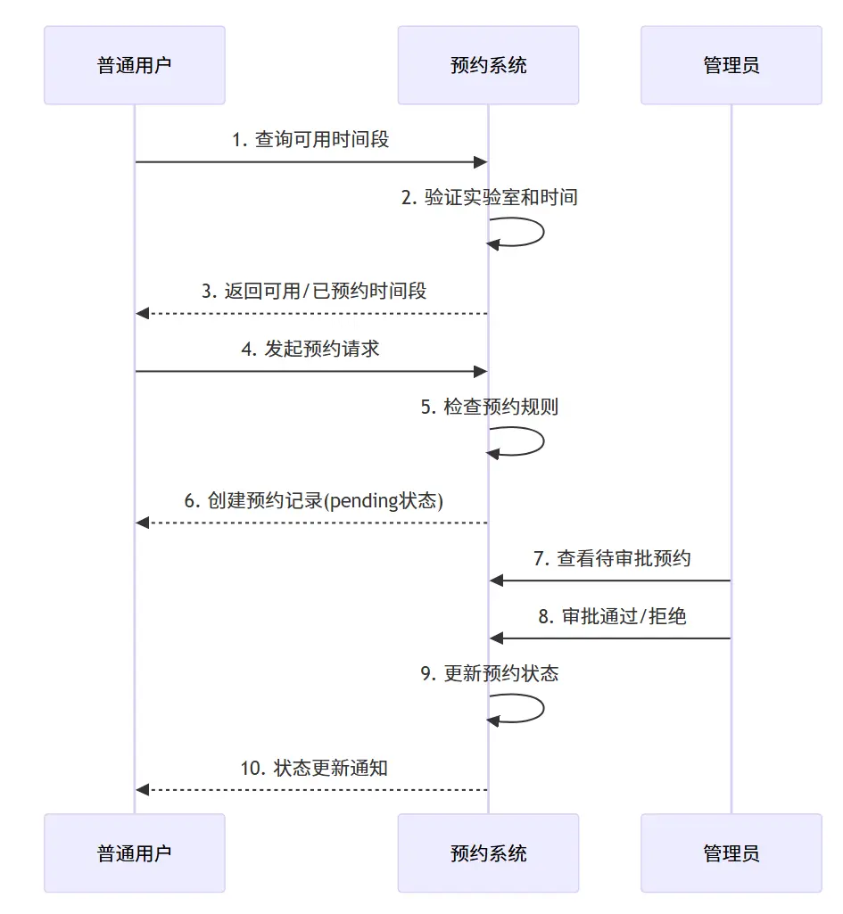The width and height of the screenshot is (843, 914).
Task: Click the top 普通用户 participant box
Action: [134, 65]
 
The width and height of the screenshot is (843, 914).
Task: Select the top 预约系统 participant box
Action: [488, 65]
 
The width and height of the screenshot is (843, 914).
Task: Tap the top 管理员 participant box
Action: [731, 65]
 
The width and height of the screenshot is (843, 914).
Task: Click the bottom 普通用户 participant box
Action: [134, 853]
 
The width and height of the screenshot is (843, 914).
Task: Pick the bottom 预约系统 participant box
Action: [488, 853]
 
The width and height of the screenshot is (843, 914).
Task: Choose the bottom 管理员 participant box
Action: [731, 853]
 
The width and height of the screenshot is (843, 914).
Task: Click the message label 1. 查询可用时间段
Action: [310, 139]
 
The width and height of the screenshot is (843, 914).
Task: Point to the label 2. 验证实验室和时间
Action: [489, 197]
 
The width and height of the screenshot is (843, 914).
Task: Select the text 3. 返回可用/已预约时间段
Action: [314, 291]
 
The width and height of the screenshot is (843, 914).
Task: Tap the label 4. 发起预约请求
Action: [310, 349]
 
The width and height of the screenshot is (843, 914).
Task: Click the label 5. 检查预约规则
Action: [489, 407]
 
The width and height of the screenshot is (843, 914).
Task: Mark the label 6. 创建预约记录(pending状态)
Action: [314, 500]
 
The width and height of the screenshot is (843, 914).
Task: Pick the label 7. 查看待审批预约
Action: [612, 558]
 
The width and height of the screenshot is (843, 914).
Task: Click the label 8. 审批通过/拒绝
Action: [612, 616]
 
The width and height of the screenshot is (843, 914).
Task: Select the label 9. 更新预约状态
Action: [489, 673]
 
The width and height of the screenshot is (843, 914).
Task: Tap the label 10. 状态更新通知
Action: [314, 768]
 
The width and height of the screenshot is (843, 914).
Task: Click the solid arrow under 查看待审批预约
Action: [610, 581]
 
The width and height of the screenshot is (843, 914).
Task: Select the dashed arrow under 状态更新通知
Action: [312, 790]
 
